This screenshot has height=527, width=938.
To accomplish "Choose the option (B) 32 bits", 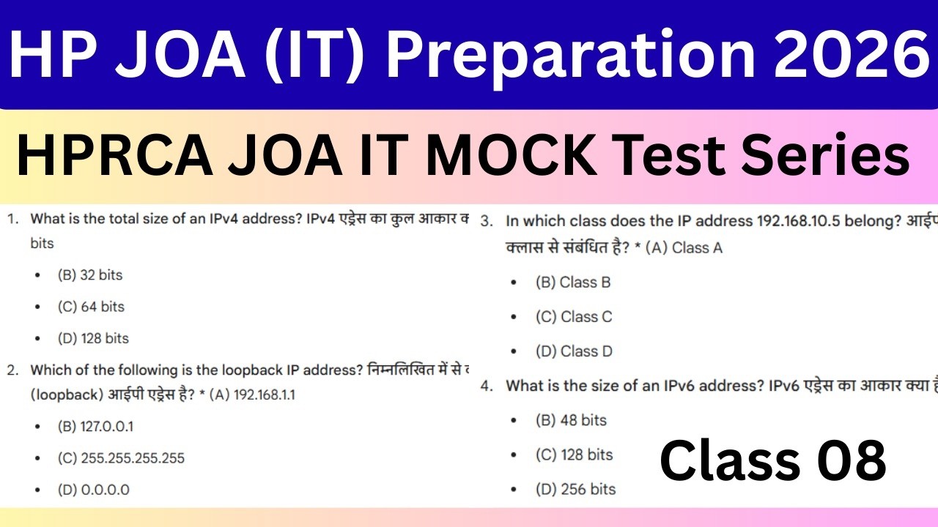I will (x=90, y=275).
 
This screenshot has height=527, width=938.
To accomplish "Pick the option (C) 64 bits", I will (x=91, y=307).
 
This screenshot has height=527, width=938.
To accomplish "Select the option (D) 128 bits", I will (x=93, y=338).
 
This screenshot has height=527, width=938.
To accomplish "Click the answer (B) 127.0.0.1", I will (x=95, y=427).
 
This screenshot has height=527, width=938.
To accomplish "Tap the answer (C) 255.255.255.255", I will (x=121, y=458).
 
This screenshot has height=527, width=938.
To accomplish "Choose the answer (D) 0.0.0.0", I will (x=93, y=490).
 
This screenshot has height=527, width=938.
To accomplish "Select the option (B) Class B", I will (x=573, y=283).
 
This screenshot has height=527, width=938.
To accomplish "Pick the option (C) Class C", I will (x=574, y=317).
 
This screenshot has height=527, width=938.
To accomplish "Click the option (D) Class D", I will (x=574, y=351).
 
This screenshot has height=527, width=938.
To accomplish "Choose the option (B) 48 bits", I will (x=571, y=420).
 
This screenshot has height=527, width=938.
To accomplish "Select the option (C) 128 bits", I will (x=574, y=455).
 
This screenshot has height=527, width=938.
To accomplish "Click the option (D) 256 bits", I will (x=575, y=489).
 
